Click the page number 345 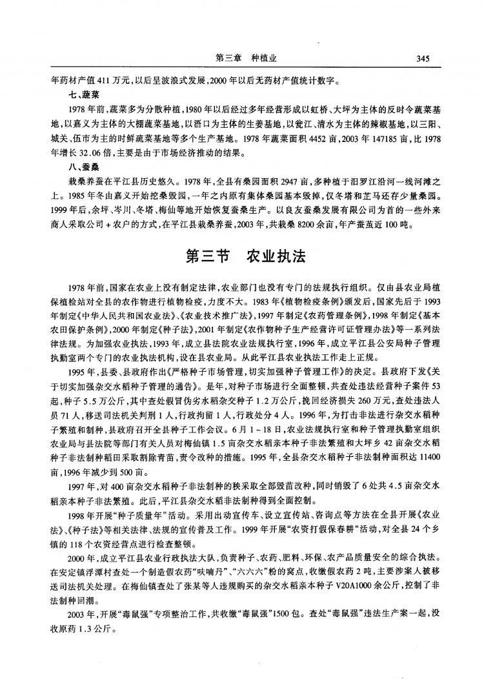click(x=423, y=59)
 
